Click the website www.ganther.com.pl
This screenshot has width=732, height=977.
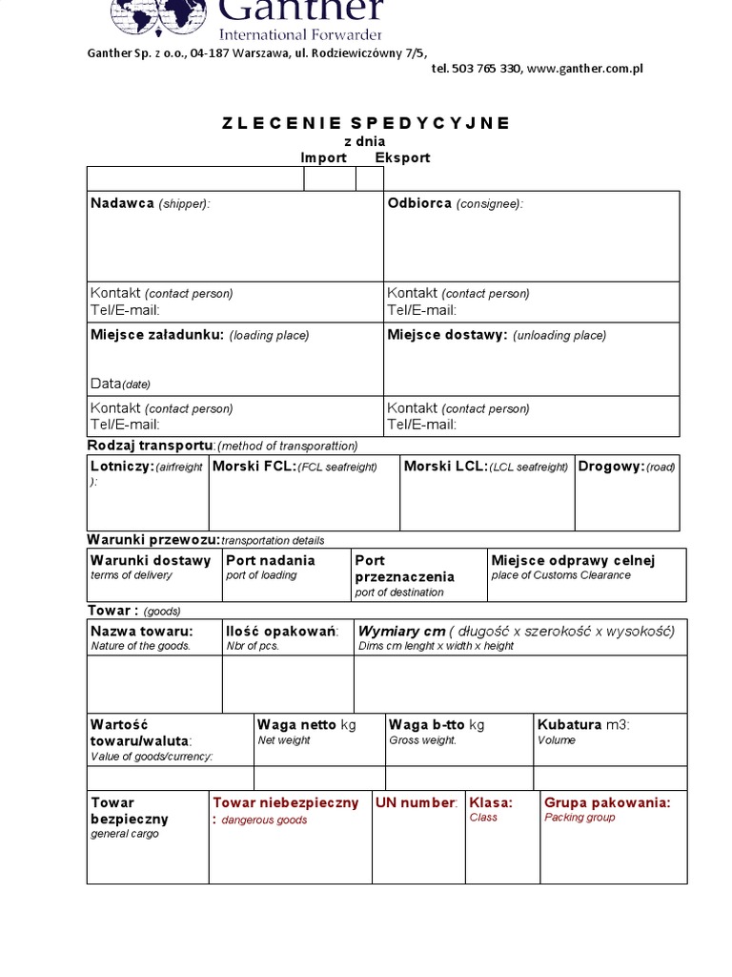coord(584,69)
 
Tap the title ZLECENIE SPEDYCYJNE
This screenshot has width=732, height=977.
coord(366,123)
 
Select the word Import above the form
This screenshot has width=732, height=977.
coord(324,157)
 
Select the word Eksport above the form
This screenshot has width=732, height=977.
coord(402,157)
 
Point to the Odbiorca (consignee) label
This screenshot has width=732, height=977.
coord(455,203)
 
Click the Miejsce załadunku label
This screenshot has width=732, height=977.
coord(199,335)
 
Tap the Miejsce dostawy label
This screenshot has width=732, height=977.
coord(496,335)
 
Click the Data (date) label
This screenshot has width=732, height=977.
coord(120,384)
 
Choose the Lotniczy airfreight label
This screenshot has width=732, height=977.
coord(146,467)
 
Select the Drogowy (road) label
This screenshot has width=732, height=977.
coord(626,467)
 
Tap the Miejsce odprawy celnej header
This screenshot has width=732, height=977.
coord(573,560)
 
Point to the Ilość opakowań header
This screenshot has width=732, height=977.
coord(282,631)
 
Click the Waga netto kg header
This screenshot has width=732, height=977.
coord(306,725)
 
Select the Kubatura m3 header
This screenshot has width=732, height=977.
coord(583,725)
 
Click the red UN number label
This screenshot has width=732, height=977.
coord(417,802)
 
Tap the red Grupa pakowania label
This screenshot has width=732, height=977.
coord(607,802)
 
